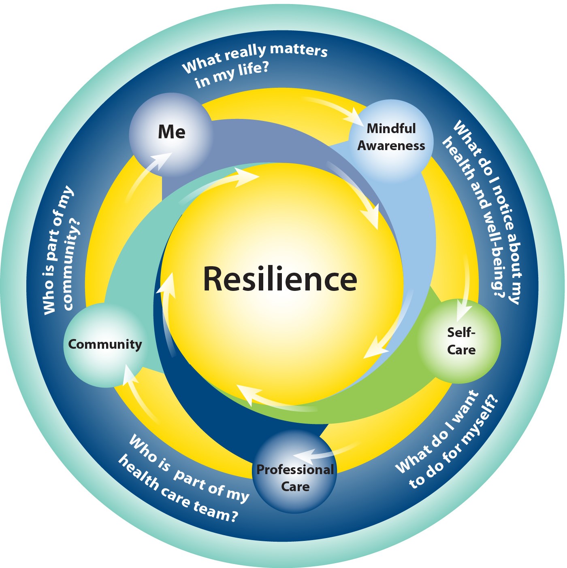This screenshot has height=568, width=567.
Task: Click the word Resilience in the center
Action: click(x=280, y=279)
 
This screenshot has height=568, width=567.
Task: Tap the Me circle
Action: click(x=171, y=134)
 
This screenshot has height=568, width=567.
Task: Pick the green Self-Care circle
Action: click(x=459, y=342)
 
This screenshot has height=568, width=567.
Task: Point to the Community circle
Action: click(x=105, y=345)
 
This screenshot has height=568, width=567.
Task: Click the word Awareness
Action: click(x=391, y=146)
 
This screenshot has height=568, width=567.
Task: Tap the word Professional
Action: click(x=295, y=470)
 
